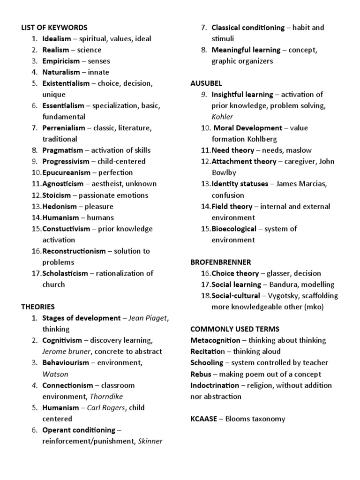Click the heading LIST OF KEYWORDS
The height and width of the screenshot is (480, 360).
tap(54, 28)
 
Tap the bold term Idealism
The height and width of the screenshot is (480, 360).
tap(57, 39)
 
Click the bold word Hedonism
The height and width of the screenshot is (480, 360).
tap(58, 206)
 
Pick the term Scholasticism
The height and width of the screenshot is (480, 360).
tap(65, 273)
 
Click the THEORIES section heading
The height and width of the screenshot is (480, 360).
tap(38, 307)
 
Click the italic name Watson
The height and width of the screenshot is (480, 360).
tap(55, 374)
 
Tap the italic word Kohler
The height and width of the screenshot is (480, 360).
tap(222, 117)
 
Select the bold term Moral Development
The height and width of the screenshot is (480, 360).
tap(248, 128)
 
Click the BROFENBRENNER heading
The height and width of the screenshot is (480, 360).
tap(220, 262)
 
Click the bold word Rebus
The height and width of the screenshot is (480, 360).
tap(201, 374)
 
